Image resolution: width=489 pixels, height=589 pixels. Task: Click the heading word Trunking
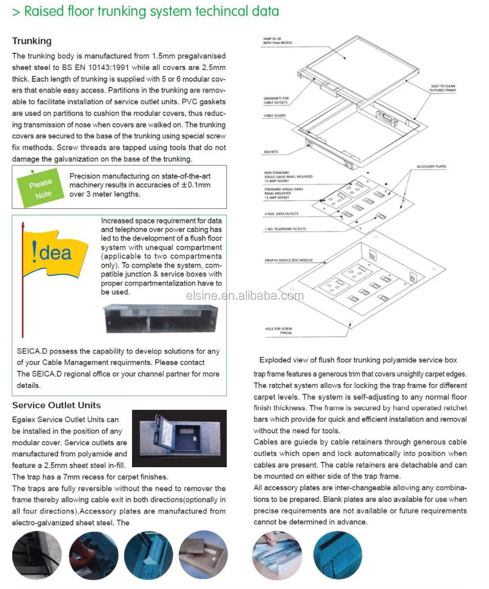32,41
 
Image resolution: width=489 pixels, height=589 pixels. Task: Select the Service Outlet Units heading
56,406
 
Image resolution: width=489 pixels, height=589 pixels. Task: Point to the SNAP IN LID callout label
278,41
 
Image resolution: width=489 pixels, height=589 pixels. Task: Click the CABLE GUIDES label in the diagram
274,115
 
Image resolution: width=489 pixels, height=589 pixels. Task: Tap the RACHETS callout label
270,152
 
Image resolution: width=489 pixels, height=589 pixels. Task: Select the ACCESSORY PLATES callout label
431,167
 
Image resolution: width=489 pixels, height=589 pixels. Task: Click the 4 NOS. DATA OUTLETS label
281,214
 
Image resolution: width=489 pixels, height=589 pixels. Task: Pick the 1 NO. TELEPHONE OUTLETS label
285,229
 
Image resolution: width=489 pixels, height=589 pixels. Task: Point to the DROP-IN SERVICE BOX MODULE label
288,260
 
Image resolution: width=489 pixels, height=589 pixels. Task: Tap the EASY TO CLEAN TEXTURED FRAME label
442,89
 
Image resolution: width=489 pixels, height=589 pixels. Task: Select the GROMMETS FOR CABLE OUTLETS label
276,100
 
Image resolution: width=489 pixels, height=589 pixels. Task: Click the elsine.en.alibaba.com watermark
244,295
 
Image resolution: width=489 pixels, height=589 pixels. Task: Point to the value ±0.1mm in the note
196,185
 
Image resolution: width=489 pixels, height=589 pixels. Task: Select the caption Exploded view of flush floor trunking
358,360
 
